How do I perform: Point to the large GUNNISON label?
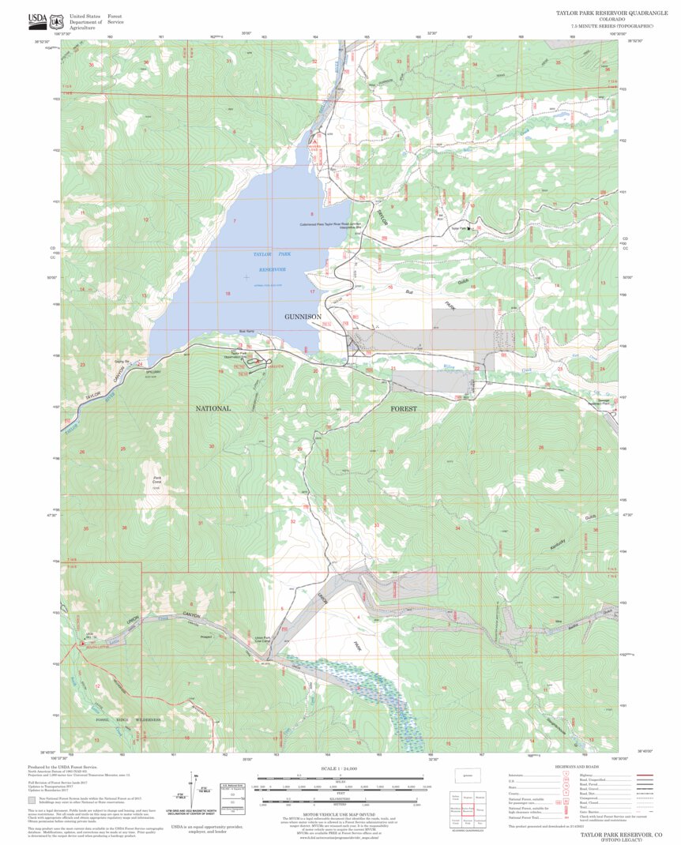click(303, 317)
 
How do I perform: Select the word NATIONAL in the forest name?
click(213, 408)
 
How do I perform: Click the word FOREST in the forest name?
click(403, 408)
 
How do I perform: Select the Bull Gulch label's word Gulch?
click(465, 280)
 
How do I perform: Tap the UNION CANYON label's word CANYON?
click(184, 614)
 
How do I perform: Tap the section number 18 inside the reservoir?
click(227, 294)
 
